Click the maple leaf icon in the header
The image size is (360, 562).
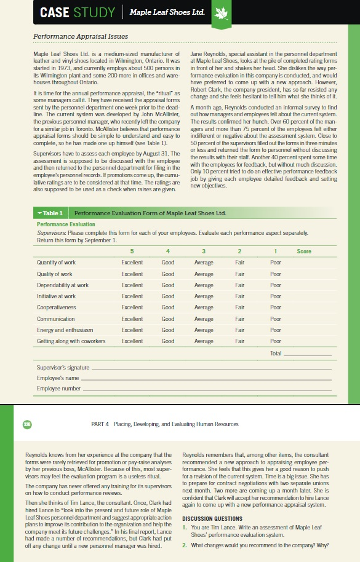220,12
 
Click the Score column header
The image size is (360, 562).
303,251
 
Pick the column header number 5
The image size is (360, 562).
132,251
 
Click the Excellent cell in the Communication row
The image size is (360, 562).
132,319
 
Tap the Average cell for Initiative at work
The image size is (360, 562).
204,296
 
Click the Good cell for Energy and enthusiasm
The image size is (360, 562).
167,330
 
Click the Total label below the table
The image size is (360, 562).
275,353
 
